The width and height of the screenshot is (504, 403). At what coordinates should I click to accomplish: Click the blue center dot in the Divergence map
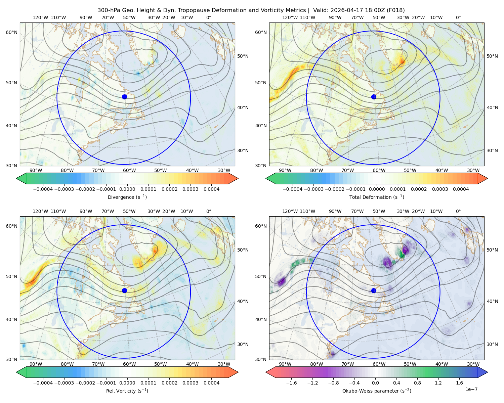(124, 97)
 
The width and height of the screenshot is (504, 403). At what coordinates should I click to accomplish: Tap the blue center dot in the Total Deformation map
(374, 97)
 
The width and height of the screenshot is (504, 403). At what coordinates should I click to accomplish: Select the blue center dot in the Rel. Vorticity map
(124, 290)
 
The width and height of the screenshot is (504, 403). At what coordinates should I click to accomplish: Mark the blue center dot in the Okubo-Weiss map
(374, 290)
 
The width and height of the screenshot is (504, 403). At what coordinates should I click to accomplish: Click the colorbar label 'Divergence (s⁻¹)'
(127, 197)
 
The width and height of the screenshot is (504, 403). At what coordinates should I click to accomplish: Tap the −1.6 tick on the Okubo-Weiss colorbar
(291, 383)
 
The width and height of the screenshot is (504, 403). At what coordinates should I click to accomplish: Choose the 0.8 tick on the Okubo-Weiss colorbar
(417, 383)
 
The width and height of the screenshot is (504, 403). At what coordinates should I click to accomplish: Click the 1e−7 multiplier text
(471, 389)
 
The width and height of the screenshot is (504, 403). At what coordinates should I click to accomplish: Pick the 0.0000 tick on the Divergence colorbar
(127, 189)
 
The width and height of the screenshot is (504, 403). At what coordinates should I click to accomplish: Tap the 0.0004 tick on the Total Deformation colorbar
(461, 189)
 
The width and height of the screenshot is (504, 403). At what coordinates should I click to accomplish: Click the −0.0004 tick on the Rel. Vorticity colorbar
(43, 383)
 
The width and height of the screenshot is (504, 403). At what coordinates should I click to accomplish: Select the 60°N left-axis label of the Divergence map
(11, 32)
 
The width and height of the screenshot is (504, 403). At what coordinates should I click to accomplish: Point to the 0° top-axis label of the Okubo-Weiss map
(458, 211)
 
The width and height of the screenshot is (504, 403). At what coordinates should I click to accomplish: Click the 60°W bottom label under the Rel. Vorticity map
(129, 364)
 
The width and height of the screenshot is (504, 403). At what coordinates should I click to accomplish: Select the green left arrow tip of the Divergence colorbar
(16, 178)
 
